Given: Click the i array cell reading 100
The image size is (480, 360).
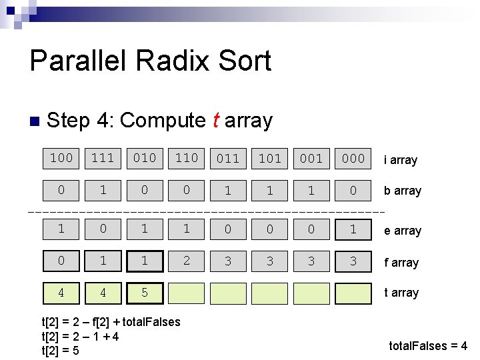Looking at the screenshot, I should (61, 158).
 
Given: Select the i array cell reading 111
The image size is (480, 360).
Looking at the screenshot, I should (103, 158).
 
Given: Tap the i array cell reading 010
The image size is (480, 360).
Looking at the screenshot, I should (145, 158).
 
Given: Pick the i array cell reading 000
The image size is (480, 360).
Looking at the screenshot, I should (353, 159).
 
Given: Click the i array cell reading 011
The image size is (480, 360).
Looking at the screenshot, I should (228, 159).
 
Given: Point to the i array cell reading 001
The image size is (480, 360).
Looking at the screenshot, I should (311, 159).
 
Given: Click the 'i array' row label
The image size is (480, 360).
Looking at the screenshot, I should (400, 160).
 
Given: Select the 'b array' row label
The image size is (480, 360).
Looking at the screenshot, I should (403, 191).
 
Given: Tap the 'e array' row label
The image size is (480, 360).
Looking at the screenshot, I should (403, 231).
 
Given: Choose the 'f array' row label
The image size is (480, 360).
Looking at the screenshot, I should (401, 263).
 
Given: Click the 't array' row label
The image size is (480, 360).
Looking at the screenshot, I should (401, 293).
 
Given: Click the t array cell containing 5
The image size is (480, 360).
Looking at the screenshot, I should (145, 293).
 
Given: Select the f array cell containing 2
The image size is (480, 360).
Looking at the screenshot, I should (186, 261).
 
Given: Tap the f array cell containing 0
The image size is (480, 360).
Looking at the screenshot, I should (61, 261).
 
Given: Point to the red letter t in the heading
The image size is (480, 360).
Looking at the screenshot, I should (215, 121).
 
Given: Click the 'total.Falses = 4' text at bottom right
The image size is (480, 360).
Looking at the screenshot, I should (428, 346).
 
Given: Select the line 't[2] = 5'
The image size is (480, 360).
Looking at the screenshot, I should (60, 350).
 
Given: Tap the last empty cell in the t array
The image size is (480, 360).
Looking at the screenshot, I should (353, 293).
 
